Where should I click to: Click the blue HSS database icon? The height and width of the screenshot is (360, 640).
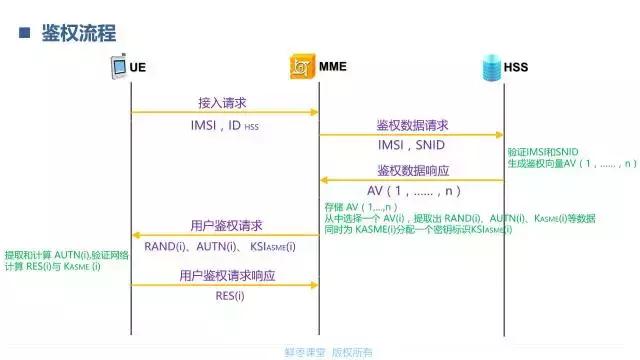489,68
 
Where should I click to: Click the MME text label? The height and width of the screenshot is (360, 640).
333,68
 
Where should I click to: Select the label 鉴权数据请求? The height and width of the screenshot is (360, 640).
412,125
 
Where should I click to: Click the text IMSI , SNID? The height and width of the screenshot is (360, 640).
411,146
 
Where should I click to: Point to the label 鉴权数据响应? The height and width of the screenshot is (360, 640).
412,169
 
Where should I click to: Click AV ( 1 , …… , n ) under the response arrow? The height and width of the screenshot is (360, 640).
413,190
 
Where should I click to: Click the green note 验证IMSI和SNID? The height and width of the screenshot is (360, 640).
550,150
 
